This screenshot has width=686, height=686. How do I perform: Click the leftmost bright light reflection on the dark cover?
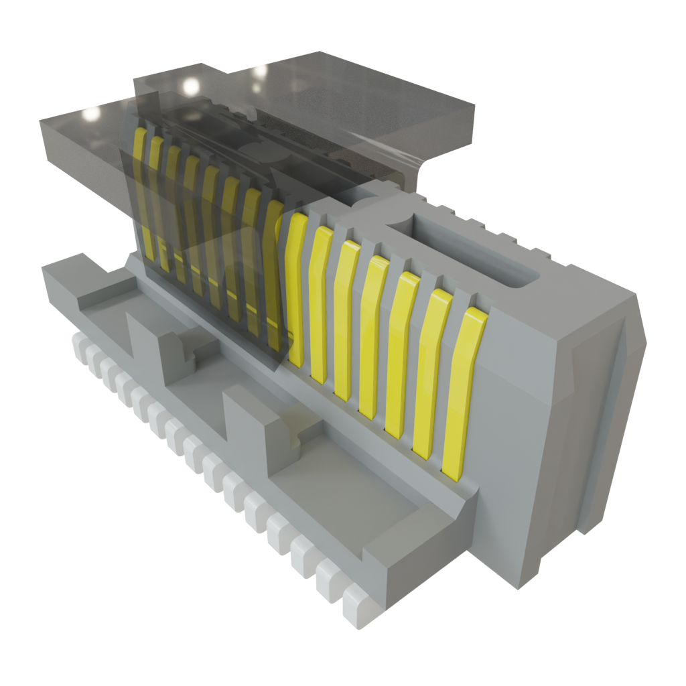(x=88, y=115)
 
